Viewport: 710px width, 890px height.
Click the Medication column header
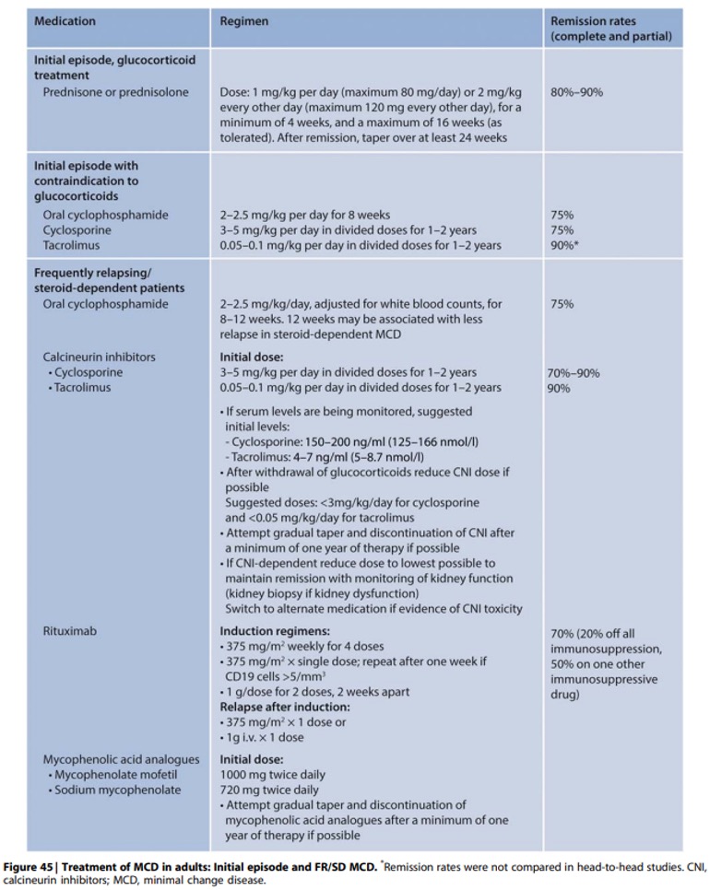[65, 20]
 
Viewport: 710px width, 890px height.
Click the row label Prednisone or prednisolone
[115, 92]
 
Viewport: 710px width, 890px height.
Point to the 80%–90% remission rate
[577, 92]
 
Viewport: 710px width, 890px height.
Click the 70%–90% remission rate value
[574, 373]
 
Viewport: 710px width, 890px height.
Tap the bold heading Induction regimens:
[275, 633]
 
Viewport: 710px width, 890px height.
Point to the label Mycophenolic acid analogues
[121, 759]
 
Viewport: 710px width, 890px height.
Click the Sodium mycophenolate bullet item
[116, 790]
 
